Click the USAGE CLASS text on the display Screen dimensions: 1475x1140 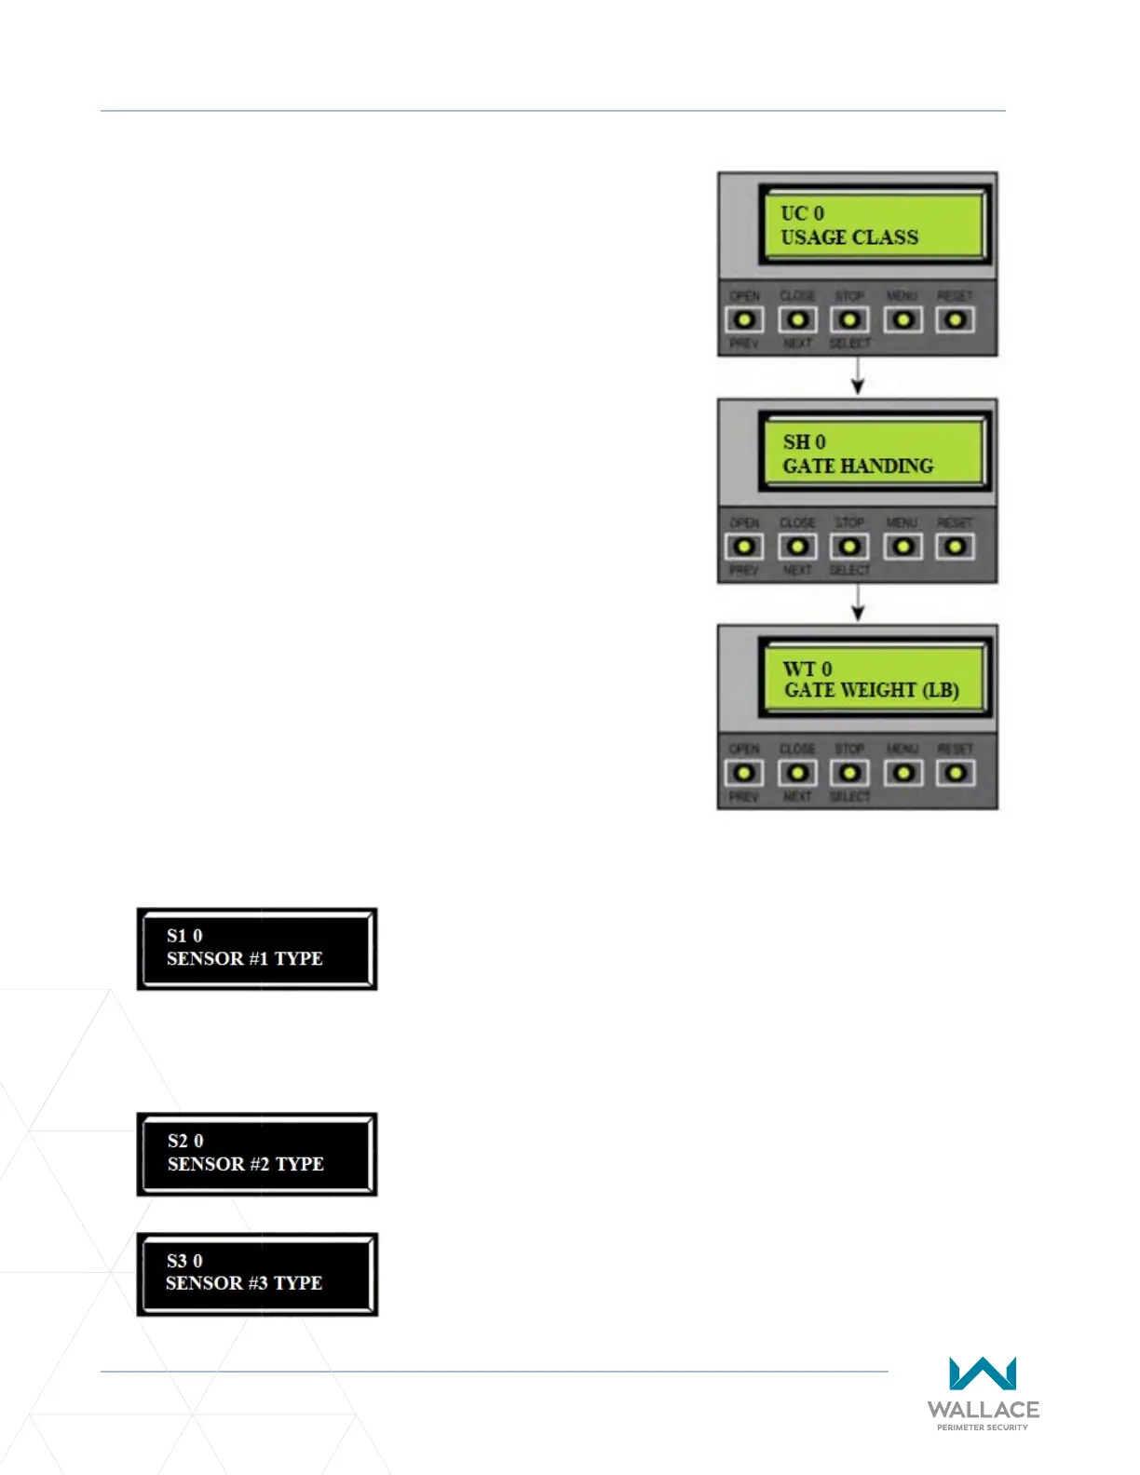849,237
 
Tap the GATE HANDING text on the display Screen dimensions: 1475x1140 858,466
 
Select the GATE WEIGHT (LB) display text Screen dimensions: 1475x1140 872,690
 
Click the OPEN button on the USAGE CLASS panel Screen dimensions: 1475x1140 744,320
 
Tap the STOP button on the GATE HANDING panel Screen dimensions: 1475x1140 849,547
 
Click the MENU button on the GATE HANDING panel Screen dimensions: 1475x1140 902,547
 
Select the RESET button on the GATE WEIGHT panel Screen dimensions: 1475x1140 956,773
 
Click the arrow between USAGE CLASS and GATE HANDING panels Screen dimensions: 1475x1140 858,376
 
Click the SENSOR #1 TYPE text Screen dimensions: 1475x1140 245,959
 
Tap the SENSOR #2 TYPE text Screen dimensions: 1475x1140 246,1164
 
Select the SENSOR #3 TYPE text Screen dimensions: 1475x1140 244,1283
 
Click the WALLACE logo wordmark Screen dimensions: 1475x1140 983,1410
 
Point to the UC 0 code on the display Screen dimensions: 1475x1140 802,213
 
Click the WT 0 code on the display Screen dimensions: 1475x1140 807,669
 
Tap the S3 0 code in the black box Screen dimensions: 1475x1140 184,1261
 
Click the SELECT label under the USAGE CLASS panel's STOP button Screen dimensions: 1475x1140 849,344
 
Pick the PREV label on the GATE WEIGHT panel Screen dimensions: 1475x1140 743,797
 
